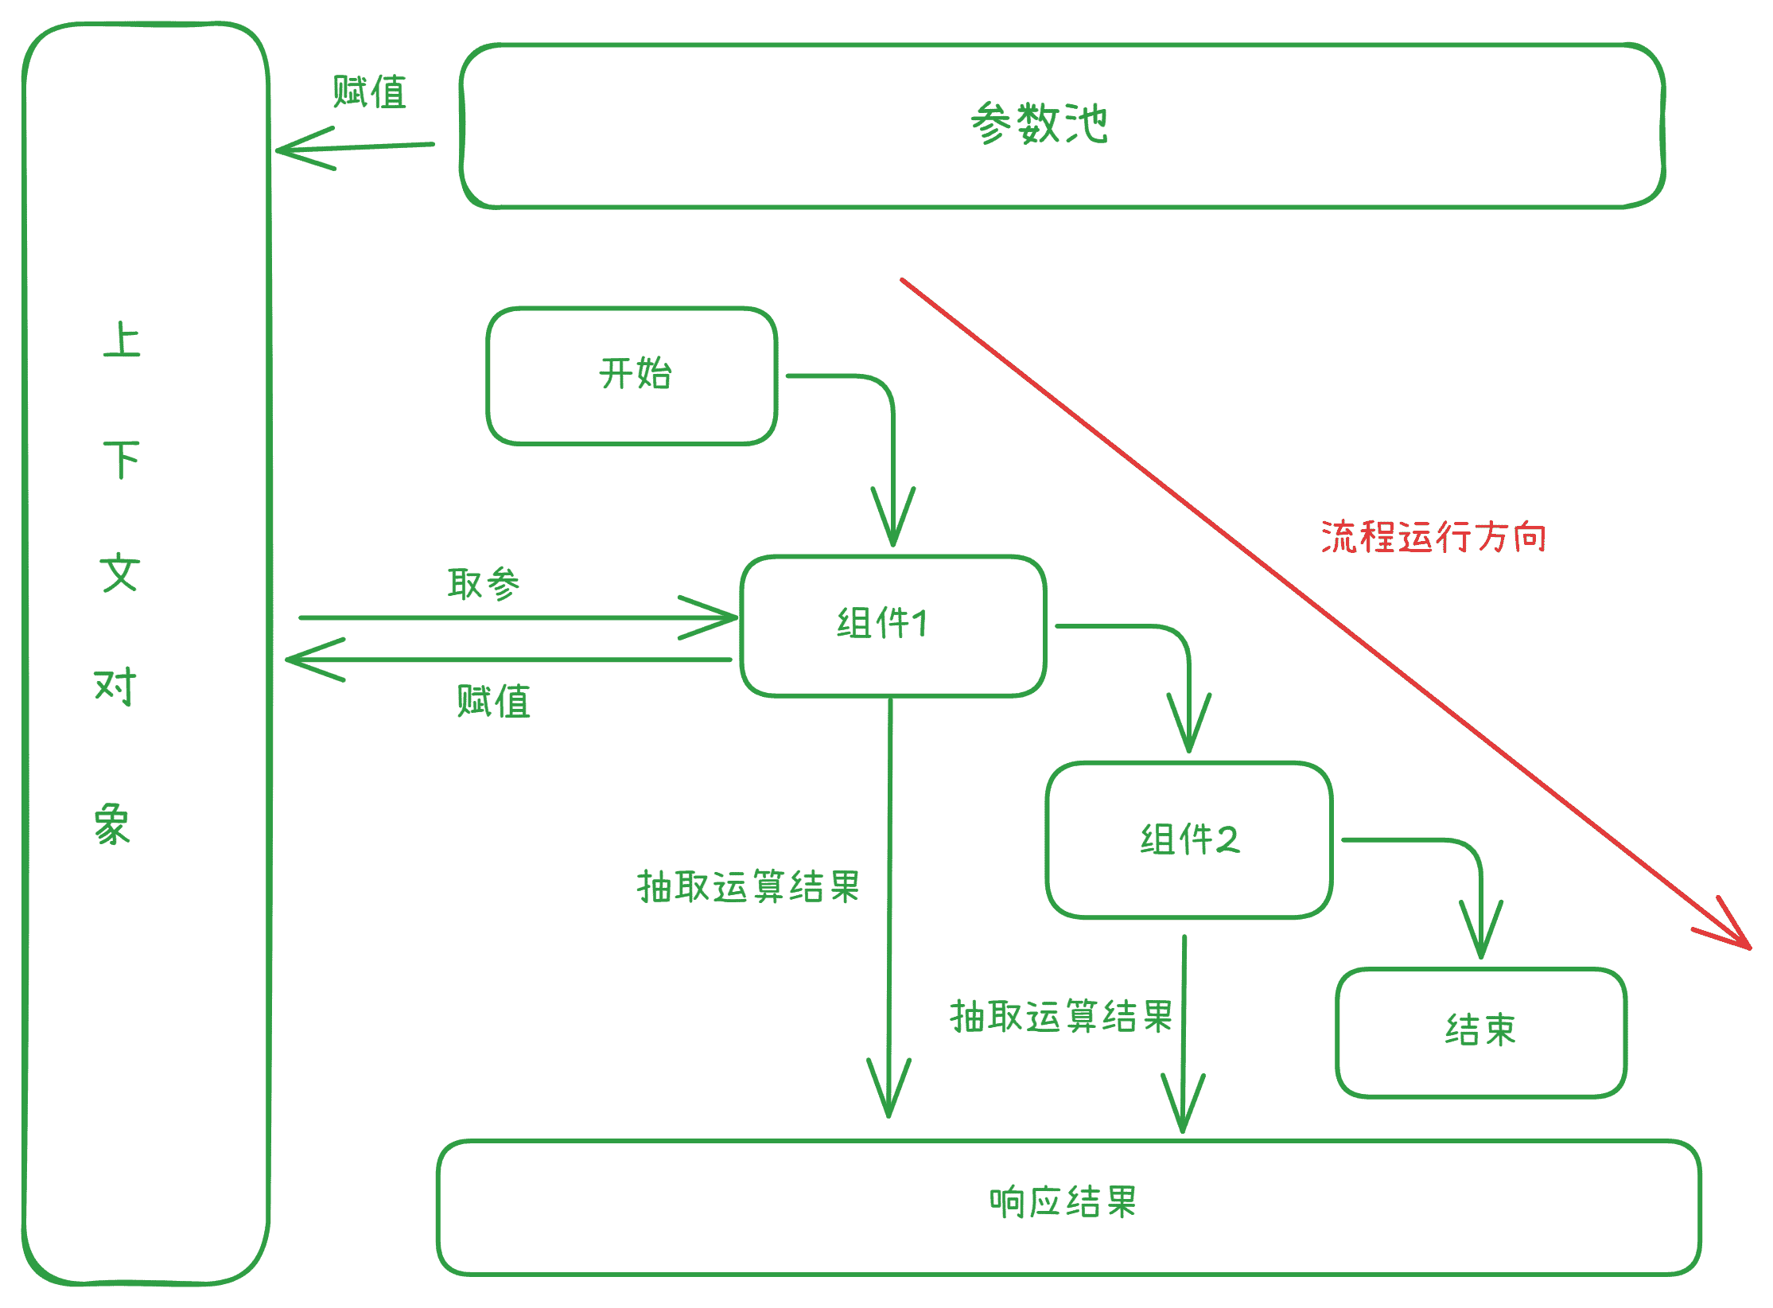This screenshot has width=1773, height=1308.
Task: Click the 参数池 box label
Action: pos(1039,124)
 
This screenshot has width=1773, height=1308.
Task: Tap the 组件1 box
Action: pos(892,625)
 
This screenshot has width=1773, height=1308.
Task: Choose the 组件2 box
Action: pos(1189,839)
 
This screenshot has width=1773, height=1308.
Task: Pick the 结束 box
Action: pos(1481,1031)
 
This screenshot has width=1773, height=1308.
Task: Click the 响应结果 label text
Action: pos(1063,1202)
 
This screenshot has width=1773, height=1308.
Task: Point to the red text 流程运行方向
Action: pos(1434,537)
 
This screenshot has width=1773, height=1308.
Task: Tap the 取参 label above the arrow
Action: pos(484,584)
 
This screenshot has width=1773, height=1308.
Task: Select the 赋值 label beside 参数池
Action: pos(370,92)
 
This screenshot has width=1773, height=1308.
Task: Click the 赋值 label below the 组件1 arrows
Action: pos(493,702)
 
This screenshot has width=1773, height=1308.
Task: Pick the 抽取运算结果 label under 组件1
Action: pos(748,886)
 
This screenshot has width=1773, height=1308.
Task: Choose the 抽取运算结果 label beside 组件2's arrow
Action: pos(1061,1017)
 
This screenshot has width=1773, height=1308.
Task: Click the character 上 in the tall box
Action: pos(122,341)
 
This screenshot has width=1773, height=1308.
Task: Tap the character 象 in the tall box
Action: pos(112,823)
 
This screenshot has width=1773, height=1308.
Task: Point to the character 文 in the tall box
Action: pos(119,573)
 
